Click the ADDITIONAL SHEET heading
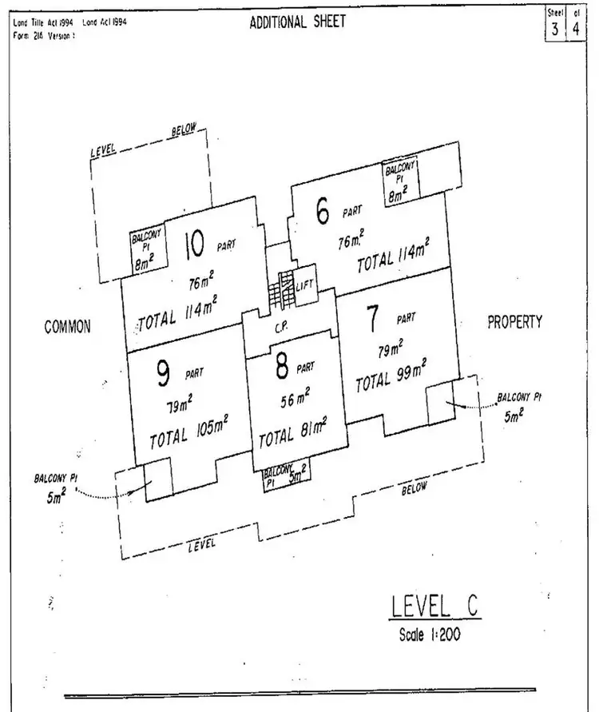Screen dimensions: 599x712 click(298, 22)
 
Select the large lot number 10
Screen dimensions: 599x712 click(195, 243)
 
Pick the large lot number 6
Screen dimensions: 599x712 click(323, 213)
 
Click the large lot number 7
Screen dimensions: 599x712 click(371, 319)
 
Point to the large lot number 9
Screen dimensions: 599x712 click(163, 372)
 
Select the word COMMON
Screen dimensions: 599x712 click(69, 326)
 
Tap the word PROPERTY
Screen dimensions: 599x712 click(515, 321)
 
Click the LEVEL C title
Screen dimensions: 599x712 click(435, 607)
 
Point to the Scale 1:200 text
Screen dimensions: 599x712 click(430, 636)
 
